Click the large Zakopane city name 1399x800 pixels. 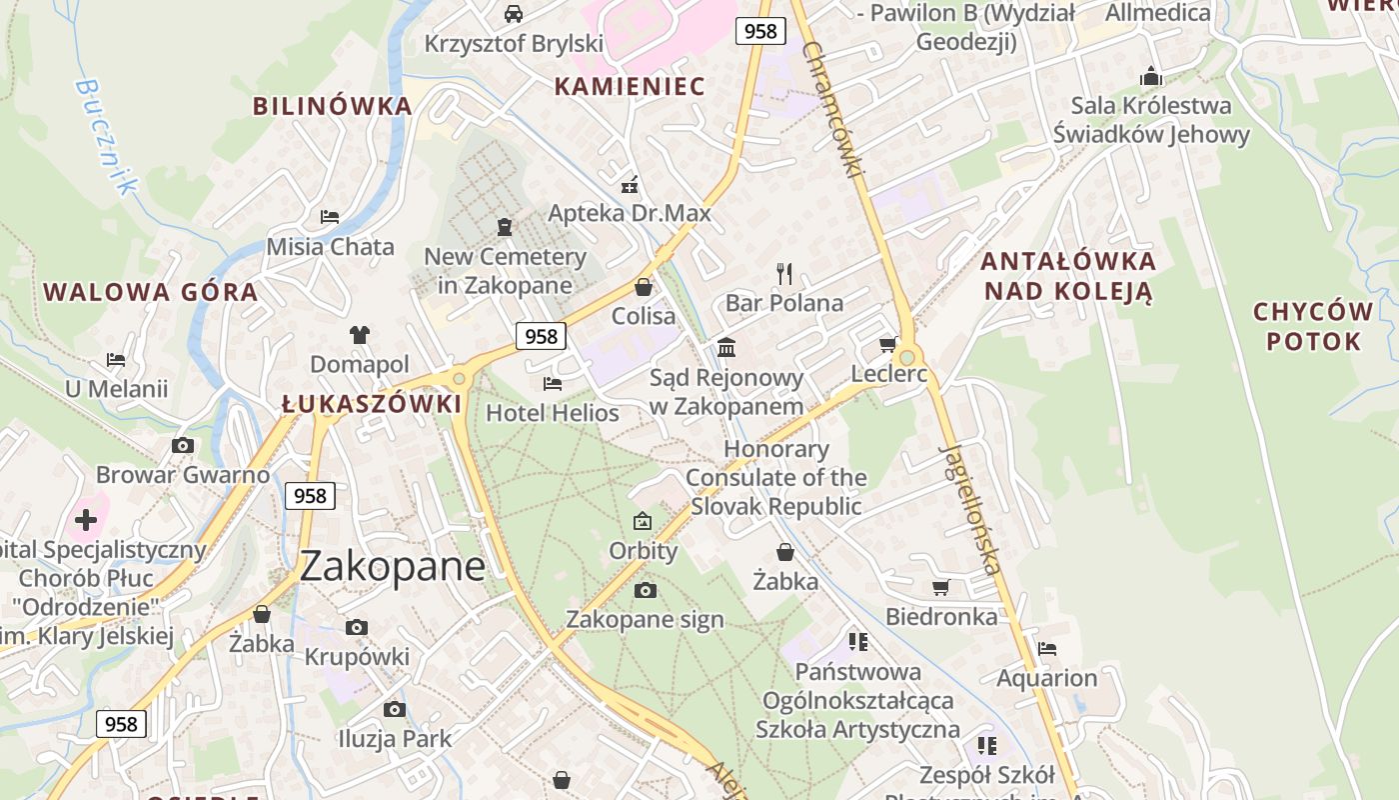coord(393,566)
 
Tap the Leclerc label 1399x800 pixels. coord(888,374)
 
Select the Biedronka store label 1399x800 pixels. coord(941,616)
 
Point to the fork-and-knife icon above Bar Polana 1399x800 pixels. coord(784,273)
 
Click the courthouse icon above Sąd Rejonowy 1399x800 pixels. coord(726,348)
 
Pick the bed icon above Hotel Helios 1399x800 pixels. coord(552,383)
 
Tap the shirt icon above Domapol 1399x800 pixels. coord(360,334)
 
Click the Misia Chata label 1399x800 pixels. coord(330,246)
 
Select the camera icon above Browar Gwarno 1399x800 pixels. coord(183,445)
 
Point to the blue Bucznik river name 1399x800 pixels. coord(104,137)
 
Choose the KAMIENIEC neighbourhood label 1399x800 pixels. coord(630,86)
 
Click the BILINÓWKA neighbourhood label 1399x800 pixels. coord(332,106)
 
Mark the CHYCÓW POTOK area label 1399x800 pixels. coord(1313,326)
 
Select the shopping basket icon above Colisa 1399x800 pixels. coord(644,287)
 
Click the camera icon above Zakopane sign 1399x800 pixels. coord(645,590)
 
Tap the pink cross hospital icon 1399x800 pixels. coord(87,519)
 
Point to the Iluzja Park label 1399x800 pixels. coord(394,739)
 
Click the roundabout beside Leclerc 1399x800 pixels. coord(906,357)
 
